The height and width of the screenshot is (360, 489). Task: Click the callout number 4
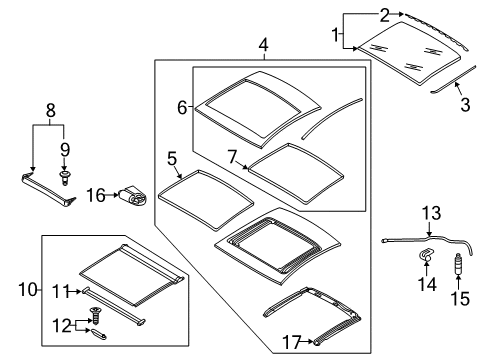pos(263,45)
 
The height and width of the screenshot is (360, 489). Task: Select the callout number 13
pos(431,213)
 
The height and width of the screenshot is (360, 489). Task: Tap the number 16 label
pos(96,195)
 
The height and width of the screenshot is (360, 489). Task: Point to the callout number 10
pos(28,289)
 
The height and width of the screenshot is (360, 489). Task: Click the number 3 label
pos(465,104)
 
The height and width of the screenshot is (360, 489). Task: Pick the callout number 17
pos(292,342)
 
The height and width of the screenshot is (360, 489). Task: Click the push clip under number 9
pos(64,178)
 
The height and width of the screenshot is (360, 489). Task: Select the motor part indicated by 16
pos(133,196)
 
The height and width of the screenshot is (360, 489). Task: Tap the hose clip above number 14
pos(425,255)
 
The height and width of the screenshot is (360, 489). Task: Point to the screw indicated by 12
pos(96,315)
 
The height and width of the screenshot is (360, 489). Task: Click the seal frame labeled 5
pos(205,199)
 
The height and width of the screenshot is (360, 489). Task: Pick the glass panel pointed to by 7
pos(296,173)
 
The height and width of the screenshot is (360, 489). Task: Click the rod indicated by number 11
pos(113,306)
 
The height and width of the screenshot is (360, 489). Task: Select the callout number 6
pos(182,108)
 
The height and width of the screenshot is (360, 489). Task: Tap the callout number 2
pos(385,15)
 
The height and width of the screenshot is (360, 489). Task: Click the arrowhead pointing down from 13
pos(429,234)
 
